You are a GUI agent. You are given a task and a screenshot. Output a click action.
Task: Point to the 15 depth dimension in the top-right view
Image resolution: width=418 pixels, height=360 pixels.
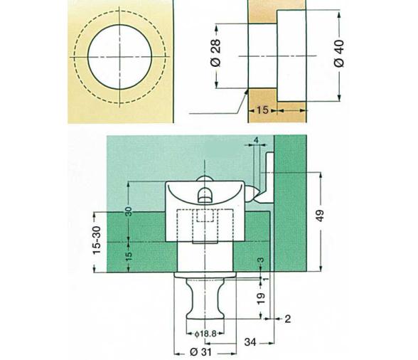262,111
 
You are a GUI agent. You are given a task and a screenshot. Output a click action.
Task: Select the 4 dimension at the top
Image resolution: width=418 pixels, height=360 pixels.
256,140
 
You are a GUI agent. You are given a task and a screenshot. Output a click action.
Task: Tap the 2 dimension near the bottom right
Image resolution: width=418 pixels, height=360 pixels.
286,319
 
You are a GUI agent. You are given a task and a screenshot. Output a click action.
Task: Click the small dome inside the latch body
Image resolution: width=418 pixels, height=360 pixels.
205,194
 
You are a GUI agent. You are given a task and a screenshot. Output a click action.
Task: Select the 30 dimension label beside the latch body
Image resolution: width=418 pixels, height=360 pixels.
129,213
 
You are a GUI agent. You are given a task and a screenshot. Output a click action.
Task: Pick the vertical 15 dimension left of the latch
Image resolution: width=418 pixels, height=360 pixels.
129,255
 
